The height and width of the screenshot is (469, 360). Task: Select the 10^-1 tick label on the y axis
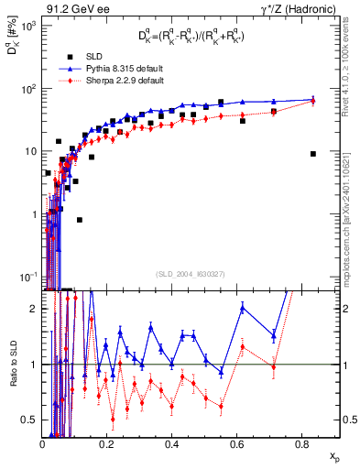[28, 277]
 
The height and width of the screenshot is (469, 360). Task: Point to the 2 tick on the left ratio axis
[36, 310]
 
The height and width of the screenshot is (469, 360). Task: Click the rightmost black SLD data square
[313, 154]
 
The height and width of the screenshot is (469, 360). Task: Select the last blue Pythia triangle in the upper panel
[313, 99]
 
